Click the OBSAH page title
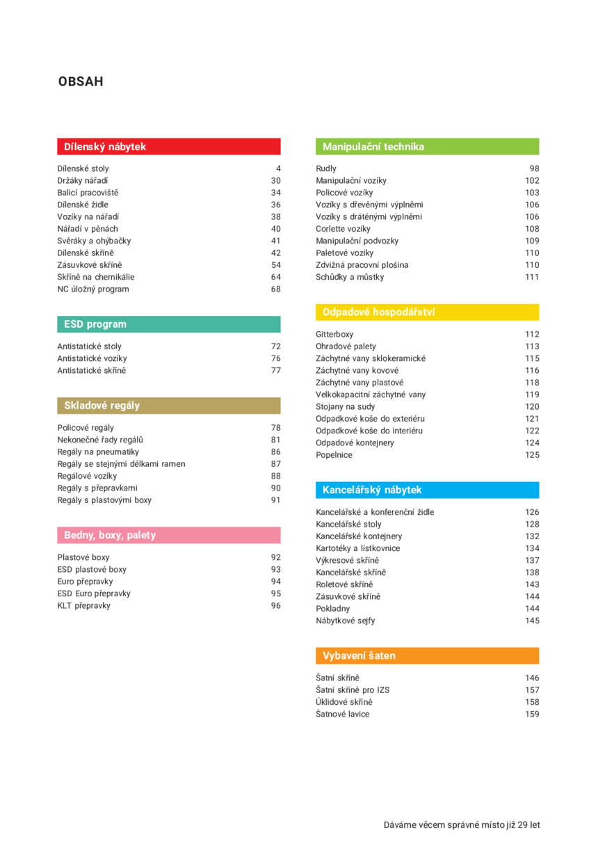81,82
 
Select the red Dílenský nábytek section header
168,146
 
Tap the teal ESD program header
168,324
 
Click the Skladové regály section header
168,406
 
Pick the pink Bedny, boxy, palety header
168,535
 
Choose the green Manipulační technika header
427,146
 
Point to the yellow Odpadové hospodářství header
427,312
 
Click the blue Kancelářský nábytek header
427,490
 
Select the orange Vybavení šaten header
427,655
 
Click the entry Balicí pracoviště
88,193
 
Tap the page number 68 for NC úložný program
275,289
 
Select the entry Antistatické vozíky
92,358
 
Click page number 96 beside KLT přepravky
275,605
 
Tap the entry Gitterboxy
334,335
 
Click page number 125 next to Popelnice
532,455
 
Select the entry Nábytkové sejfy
345,621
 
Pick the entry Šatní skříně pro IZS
353,690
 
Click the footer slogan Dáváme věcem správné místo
462,825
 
